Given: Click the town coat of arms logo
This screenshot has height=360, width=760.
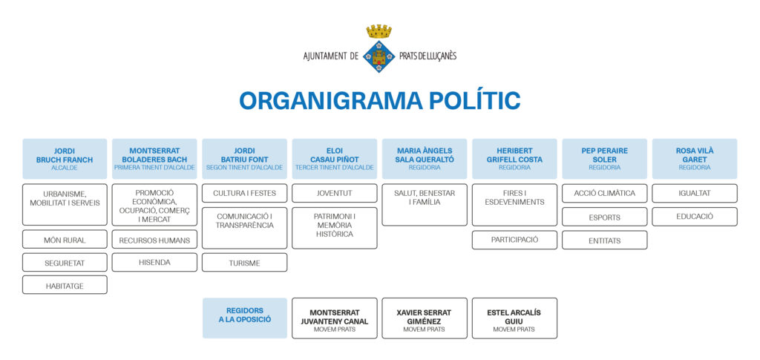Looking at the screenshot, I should click(379, 49).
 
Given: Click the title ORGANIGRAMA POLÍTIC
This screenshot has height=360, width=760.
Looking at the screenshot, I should click(379, 101).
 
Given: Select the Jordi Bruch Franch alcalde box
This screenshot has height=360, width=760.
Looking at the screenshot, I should click(65, 158).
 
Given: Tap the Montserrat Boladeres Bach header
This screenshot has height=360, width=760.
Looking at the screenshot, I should click(154, 158).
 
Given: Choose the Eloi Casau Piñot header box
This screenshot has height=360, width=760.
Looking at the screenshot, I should click(334, 158).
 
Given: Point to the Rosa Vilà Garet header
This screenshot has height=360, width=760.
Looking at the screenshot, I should click(694, 158).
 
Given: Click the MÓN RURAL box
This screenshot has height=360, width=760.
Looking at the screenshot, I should click(65, 240).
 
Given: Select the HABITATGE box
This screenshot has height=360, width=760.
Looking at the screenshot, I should click(65, 284).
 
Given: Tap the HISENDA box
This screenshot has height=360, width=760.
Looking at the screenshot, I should click(154, 262).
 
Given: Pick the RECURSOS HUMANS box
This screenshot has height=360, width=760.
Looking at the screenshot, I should click(154, 240).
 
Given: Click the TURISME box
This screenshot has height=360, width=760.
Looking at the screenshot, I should click(244, 262).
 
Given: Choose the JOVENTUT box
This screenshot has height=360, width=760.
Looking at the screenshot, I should click(334, 193).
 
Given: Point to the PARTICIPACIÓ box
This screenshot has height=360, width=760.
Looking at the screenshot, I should click(514, 240).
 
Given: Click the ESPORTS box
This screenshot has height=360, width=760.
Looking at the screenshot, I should click(604, 217).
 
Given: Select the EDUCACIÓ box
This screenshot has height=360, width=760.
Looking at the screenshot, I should click(694, 217).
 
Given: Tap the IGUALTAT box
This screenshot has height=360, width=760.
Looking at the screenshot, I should click(694, 193).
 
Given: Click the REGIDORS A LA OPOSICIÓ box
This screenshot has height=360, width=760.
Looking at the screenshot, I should click(244, 318).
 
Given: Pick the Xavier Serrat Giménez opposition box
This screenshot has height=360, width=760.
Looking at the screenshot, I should click(424, 318).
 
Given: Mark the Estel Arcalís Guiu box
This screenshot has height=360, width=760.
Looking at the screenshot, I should click(514, 318).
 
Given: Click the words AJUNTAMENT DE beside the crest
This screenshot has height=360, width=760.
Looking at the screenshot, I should click(331, 56).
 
